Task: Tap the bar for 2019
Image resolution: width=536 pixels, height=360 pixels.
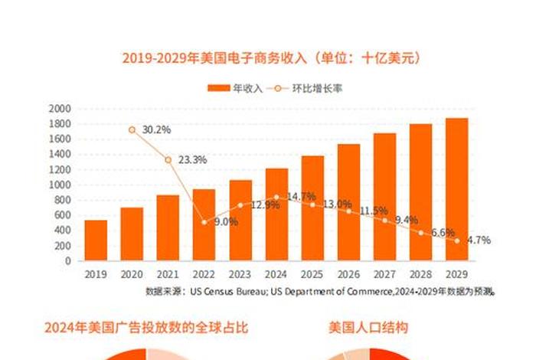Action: [96, 241]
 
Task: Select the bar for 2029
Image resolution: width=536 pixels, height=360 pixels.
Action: [457, 189]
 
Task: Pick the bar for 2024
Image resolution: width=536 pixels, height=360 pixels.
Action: [276, 214]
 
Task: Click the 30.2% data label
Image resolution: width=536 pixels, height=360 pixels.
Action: [156, 129]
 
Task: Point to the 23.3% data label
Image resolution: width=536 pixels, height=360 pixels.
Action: [193, 160]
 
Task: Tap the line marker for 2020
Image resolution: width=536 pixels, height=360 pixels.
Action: [132, 130]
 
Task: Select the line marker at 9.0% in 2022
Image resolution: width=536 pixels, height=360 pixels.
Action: [204, 222]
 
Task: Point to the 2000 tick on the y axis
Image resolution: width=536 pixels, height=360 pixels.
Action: [60, 109]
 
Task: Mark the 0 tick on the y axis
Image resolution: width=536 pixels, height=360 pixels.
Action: [67, 261]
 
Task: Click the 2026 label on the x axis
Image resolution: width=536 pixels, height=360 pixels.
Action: [348, 273]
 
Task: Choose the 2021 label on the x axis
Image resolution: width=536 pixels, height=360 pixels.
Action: [168, 273]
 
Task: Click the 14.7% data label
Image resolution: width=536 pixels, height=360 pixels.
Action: [301, 197]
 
